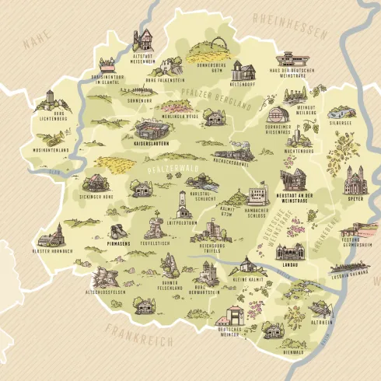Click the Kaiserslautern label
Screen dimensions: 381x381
152,144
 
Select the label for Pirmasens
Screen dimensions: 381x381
118,243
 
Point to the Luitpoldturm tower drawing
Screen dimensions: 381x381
183,204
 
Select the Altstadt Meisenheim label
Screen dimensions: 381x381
145,60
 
